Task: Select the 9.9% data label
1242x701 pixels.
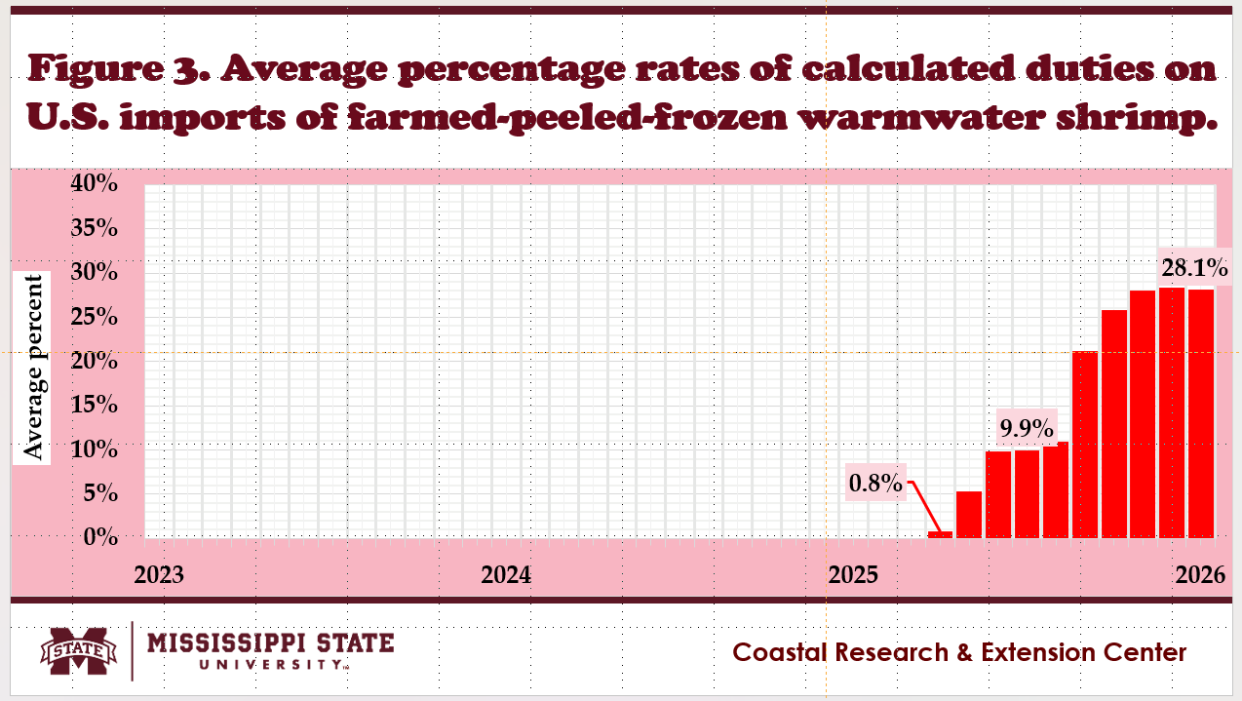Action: [1027, 427]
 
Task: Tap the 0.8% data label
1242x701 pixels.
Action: [874, 482]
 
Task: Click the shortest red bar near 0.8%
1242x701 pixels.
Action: [940, 534]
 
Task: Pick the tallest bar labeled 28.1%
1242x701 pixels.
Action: [1172, 412]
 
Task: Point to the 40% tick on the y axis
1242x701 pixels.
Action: [96, 183]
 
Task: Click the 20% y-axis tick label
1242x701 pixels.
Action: [96, 361]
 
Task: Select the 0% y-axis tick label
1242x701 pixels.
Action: [100, 537]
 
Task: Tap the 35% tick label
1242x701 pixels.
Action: [96, 228]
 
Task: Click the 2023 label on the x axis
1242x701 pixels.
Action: [159, 574]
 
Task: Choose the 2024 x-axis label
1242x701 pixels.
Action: [506, 574]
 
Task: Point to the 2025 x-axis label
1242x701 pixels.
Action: [853, 574]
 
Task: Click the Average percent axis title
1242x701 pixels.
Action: [34, 368]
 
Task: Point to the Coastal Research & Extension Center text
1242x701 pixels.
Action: [959, 651]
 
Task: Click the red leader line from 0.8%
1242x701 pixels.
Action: [924, 505]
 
